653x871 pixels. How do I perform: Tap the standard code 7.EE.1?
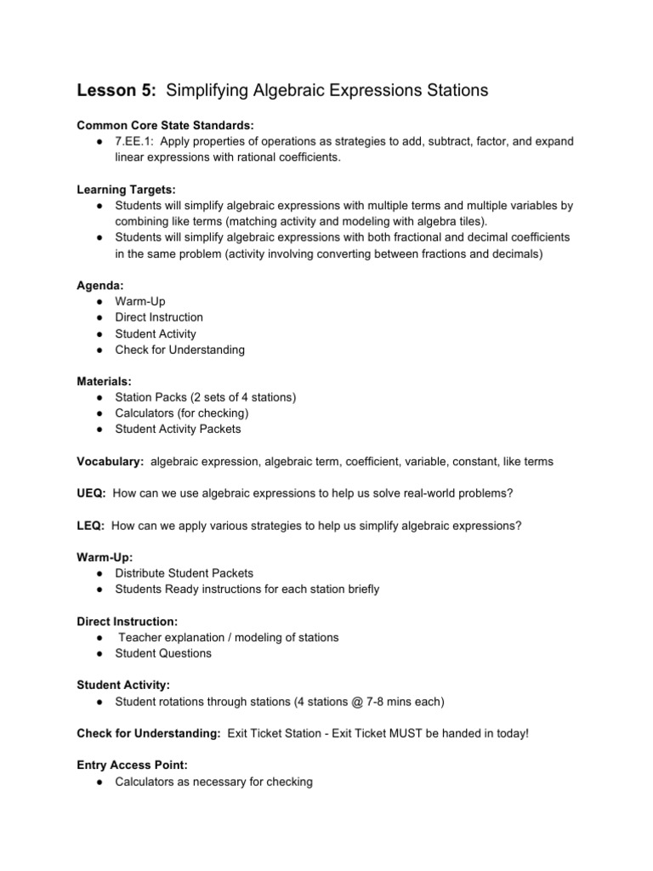point(134,142)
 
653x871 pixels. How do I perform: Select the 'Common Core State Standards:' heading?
point(165,125)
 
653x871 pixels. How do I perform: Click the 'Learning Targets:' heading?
point(127,190)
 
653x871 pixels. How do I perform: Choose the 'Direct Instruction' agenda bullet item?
point(159,317)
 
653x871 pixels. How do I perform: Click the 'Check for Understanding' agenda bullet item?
point(179,350)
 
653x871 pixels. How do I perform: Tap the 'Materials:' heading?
point(105,381)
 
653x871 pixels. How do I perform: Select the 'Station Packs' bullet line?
point(206,397)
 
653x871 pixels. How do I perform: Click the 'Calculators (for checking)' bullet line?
point(182,413)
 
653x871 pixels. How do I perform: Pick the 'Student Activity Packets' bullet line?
point(178,430)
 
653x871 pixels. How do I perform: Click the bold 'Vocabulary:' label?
point(111,461)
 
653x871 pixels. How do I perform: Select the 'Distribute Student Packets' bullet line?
point(184,573)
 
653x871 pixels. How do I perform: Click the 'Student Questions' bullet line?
point(163,653)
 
